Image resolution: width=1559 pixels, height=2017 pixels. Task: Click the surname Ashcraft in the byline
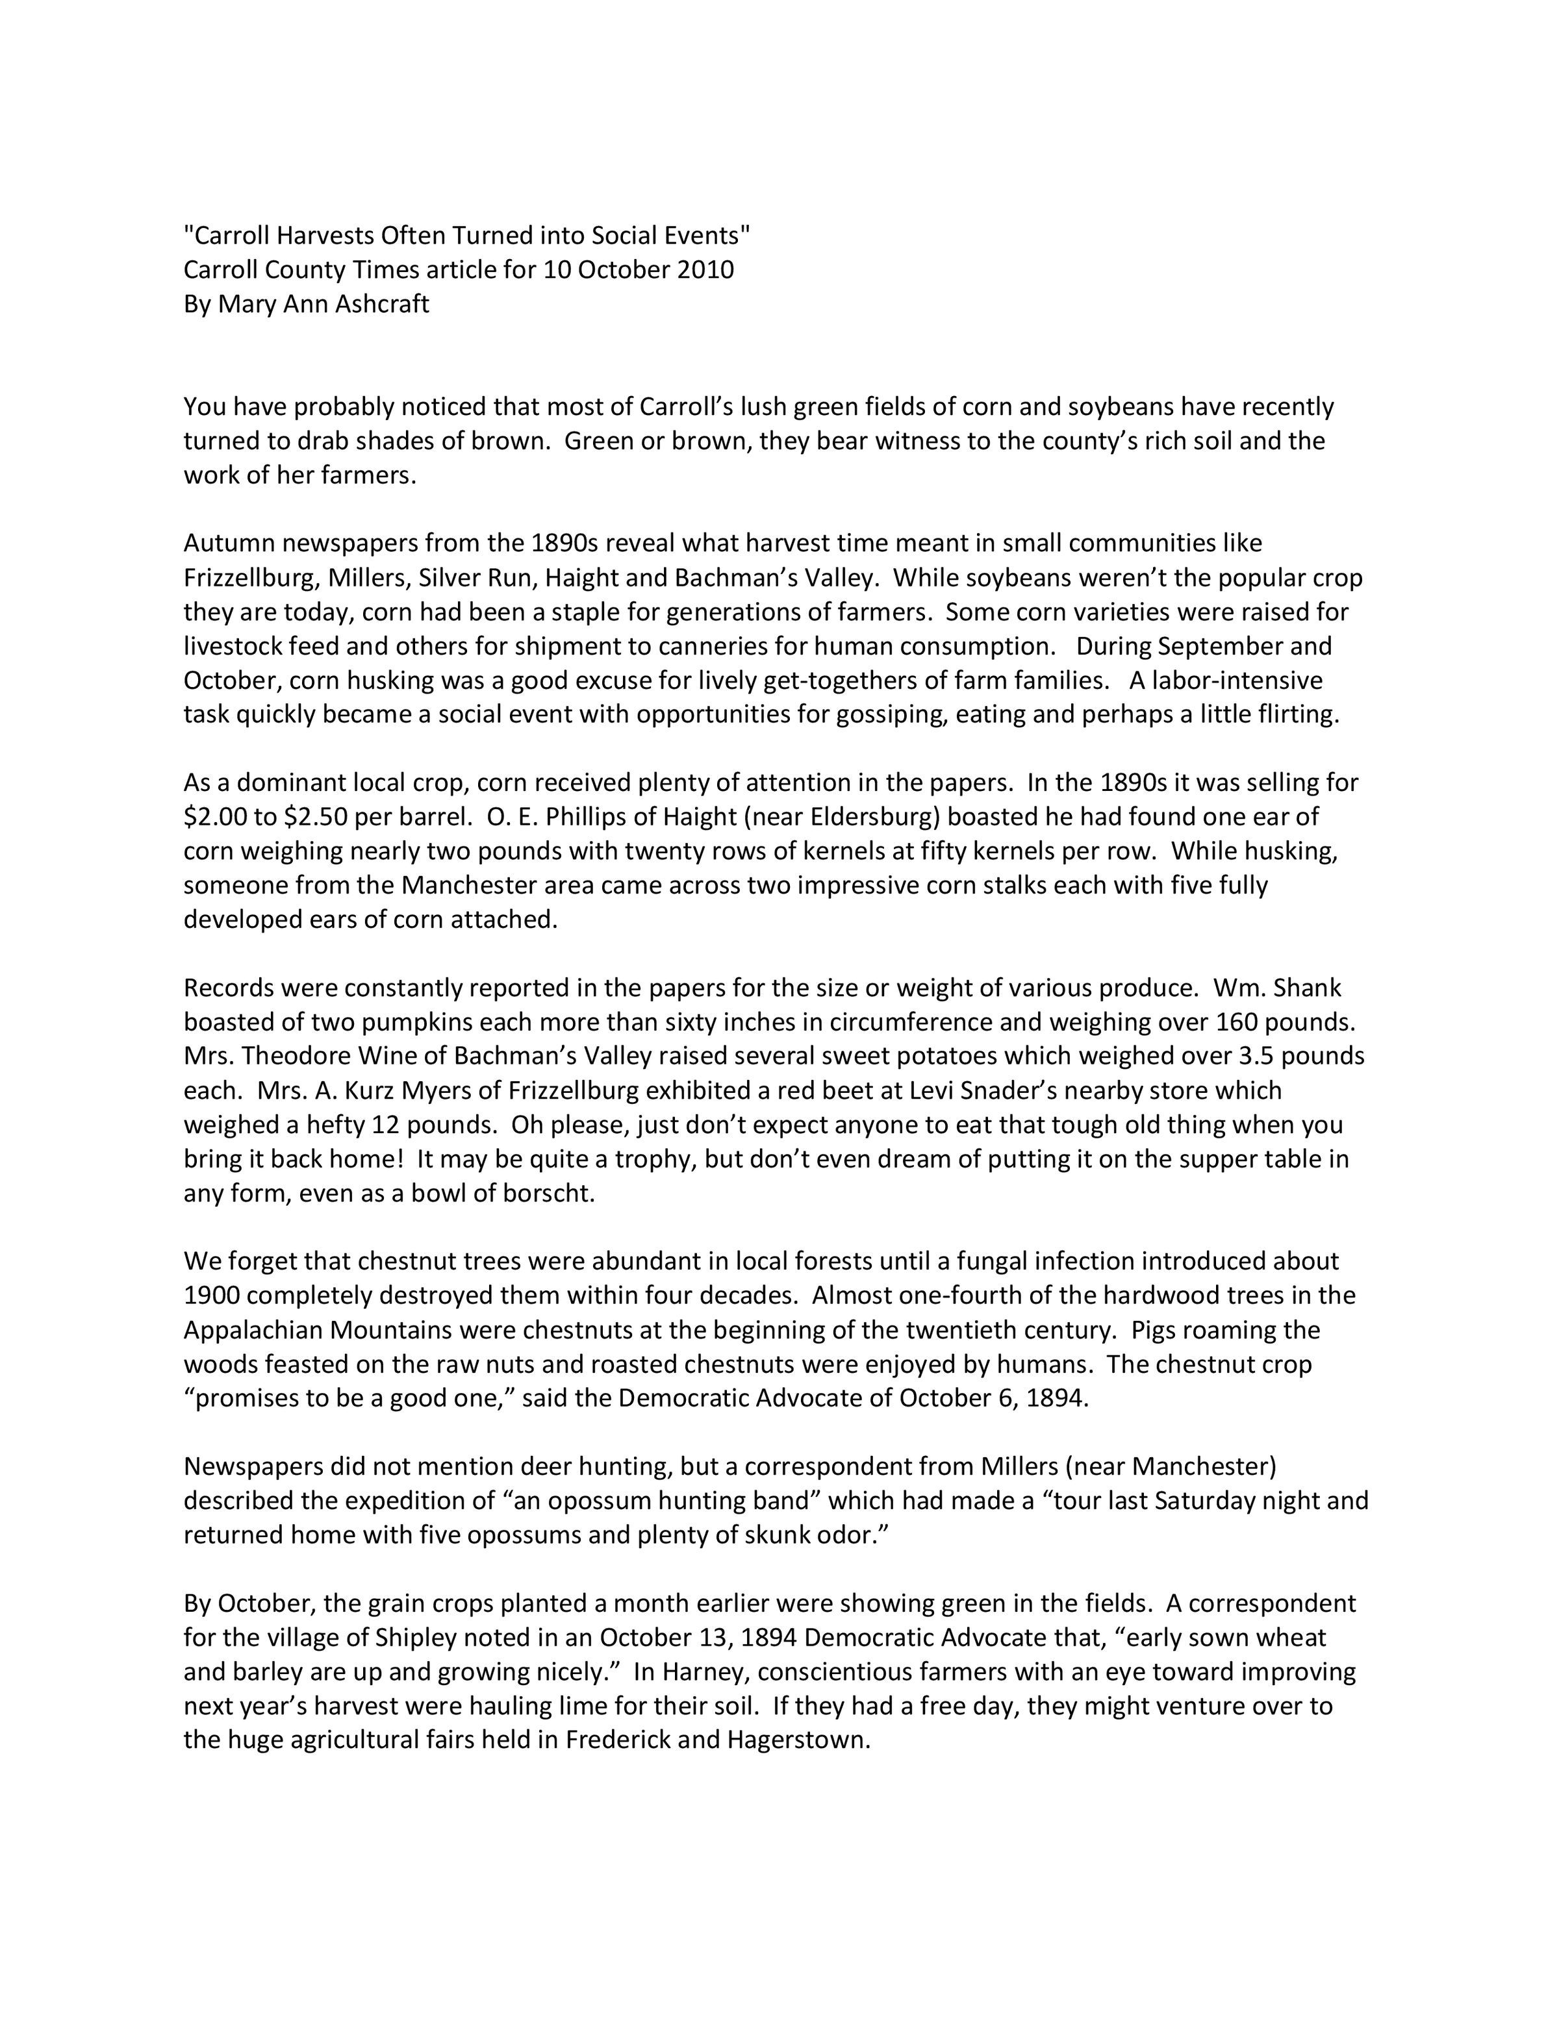tap(381, 304)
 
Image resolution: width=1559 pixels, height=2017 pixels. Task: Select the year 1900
tap(212, 1296)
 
